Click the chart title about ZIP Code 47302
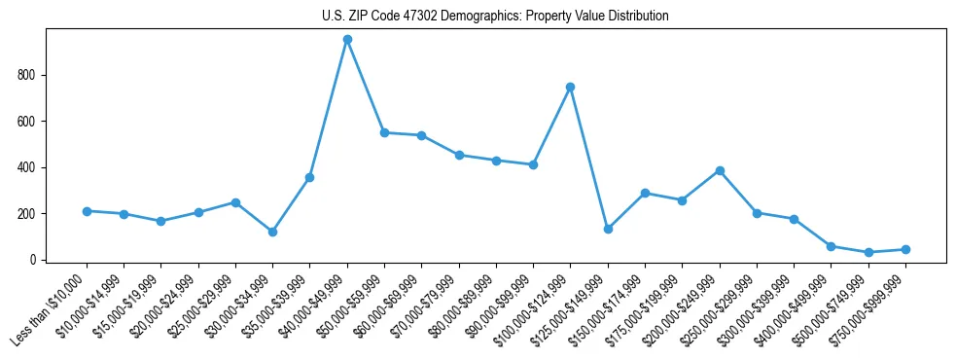[495, 16]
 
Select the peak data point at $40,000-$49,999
[347, 40]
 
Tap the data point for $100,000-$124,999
[570, 87]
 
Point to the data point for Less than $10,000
[87, 211]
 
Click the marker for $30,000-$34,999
[272, 232]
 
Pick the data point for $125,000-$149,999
[608, 229]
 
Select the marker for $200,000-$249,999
[720, 170]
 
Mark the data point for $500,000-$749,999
[868, 252]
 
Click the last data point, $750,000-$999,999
[905, 249]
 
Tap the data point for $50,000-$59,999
[384, 132]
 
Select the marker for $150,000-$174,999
[645, 193]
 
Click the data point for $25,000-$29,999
[235, 202]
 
